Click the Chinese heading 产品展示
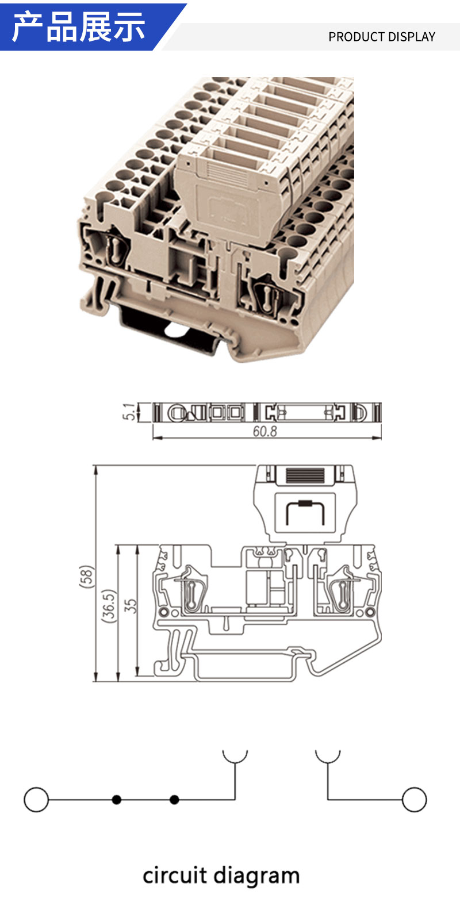(x=79, y=27)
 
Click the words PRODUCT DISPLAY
(x=382, y=37)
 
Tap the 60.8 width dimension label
(x=264, y=431)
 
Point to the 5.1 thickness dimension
(x=128, y=412)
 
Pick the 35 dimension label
(x=130, y=606)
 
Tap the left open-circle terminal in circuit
(x=36, y=800)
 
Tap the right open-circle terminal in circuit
(x=414, y=800)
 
